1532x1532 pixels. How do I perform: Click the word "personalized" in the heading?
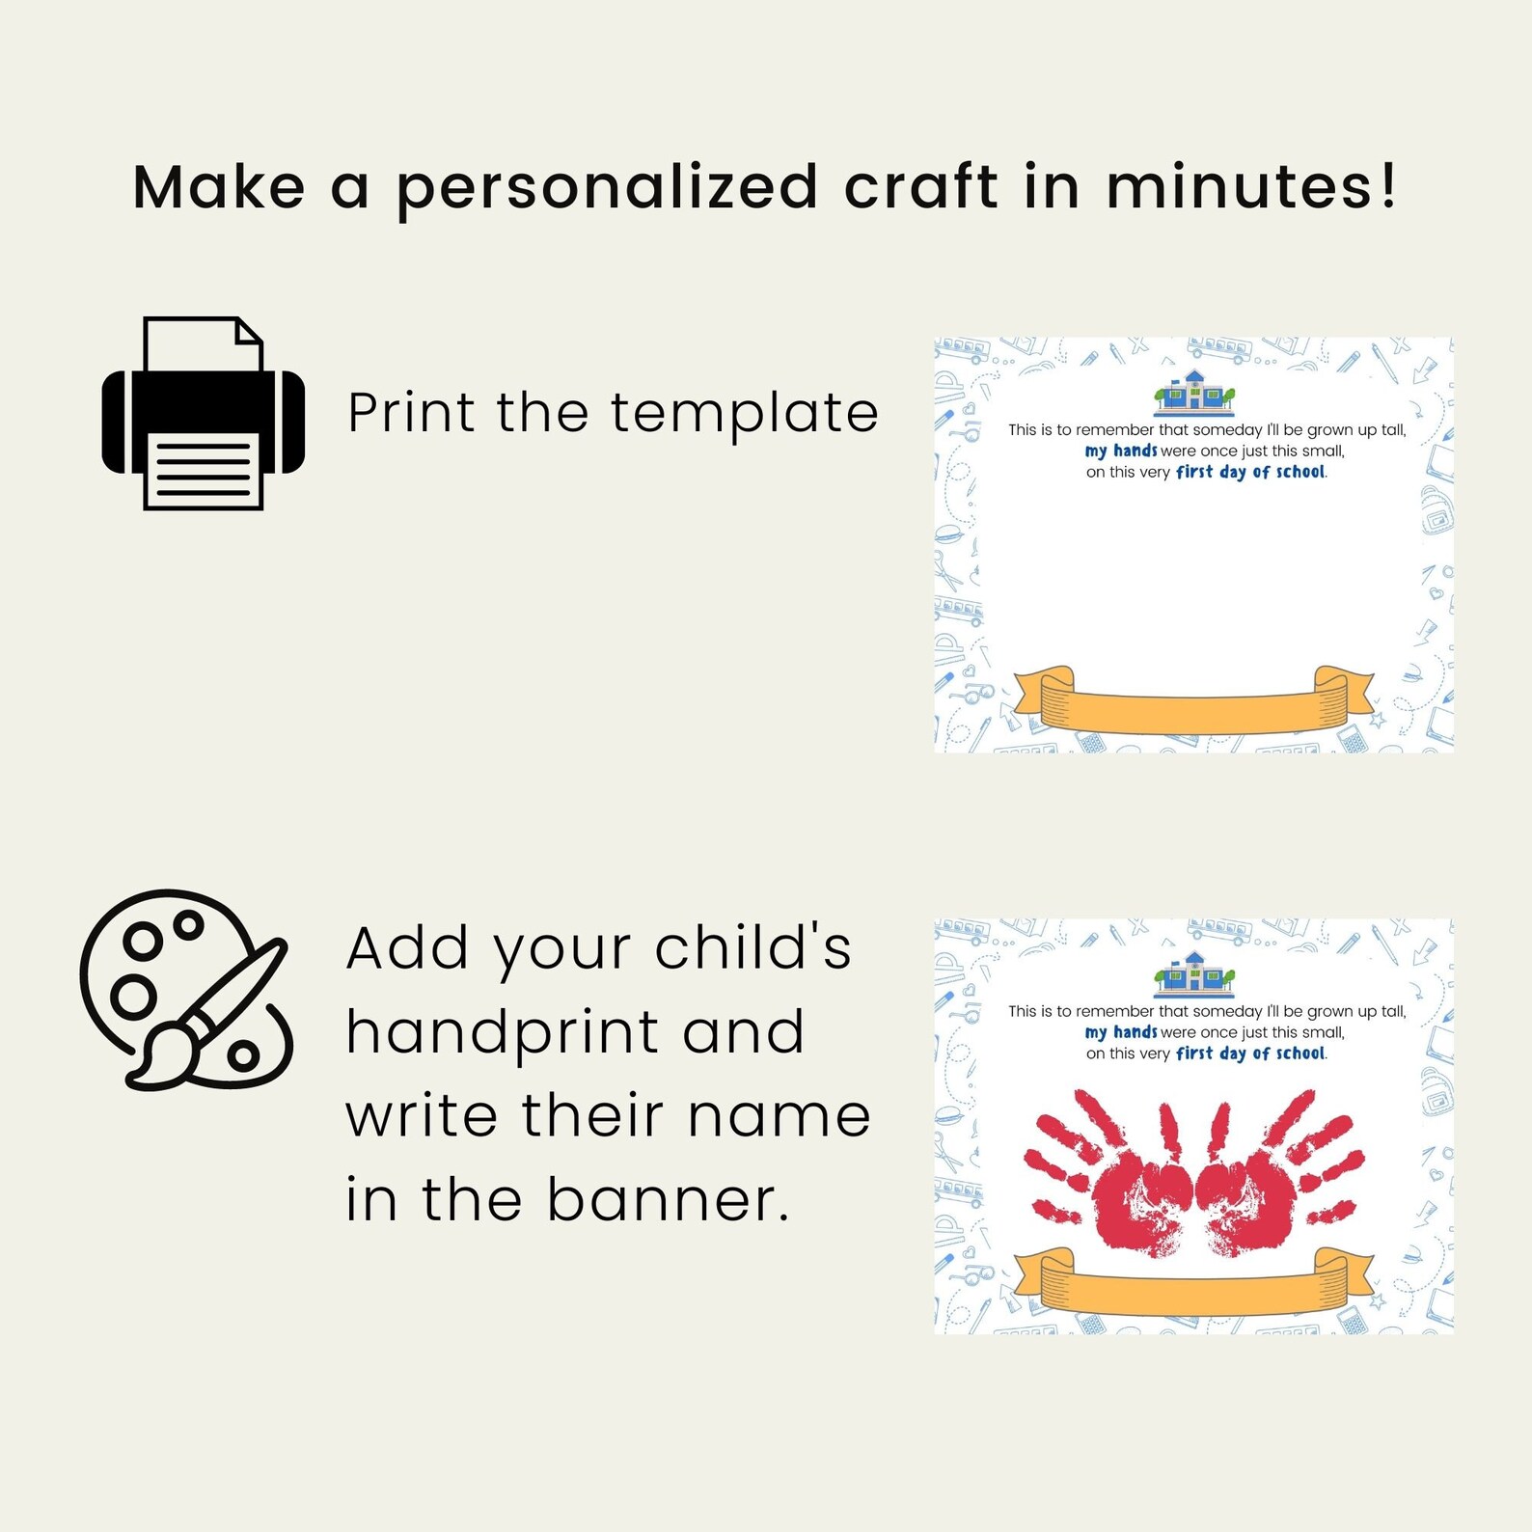click(x=608, y=188)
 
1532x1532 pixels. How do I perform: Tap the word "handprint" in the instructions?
click(x=502, y=1033)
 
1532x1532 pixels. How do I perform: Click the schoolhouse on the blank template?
click(x=1194, y=392)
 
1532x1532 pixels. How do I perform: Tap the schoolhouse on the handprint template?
click(x=1194, y=973)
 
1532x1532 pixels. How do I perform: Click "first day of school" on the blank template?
click(x=1250, y=472)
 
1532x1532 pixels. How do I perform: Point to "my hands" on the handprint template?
click(x=1120, y=1032)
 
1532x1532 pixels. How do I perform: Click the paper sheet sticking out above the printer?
click(x=203, y=343)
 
